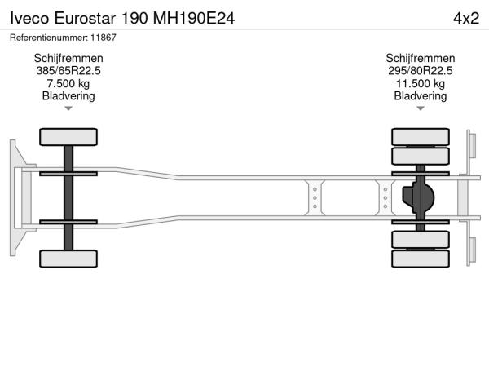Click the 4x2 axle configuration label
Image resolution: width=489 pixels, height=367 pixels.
coord(466,19)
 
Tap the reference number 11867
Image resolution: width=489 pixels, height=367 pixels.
coord(104,38)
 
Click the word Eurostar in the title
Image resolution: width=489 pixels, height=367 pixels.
coord(85,19)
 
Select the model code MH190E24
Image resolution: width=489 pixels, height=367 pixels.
coord(194,19)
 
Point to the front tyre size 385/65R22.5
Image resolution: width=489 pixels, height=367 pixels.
coord(68,71)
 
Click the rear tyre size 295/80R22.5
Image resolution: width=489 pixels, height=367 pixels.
coord(420,71)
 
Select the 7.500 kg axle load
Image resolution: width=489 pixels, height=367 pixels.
coord(68,84)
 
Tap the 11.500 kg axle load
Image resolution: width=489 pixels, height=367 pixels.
coord(421,84)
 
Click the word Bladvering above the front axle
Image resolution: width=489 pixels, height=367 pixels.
coord(68,96)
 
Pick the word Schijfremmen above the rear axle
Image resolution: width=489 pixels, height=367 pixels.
coord(421,59)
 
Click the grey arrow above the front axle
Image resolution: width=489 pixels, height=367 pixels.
coord(68,108)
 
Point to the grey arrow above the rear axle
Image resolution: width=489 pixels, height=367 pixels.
coord(421,108)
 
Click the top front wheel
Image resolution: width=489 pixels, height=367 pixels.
coord(68,137)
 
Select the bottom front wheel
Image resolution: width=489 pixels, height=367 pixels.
coord(68,259)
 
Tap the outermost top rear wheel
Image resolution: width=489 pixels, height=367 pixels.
coord(421,137)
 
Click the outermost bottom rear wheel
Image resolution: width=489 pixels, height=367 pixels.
coord(421,259)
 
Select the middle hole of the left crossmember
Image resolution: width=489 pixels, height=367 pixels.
coord(315,198)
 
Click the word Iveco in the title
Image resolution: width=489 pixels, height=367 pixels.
coord(30,19)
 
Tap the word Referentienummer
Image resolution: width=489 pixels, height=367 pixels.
coord(49,38)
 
